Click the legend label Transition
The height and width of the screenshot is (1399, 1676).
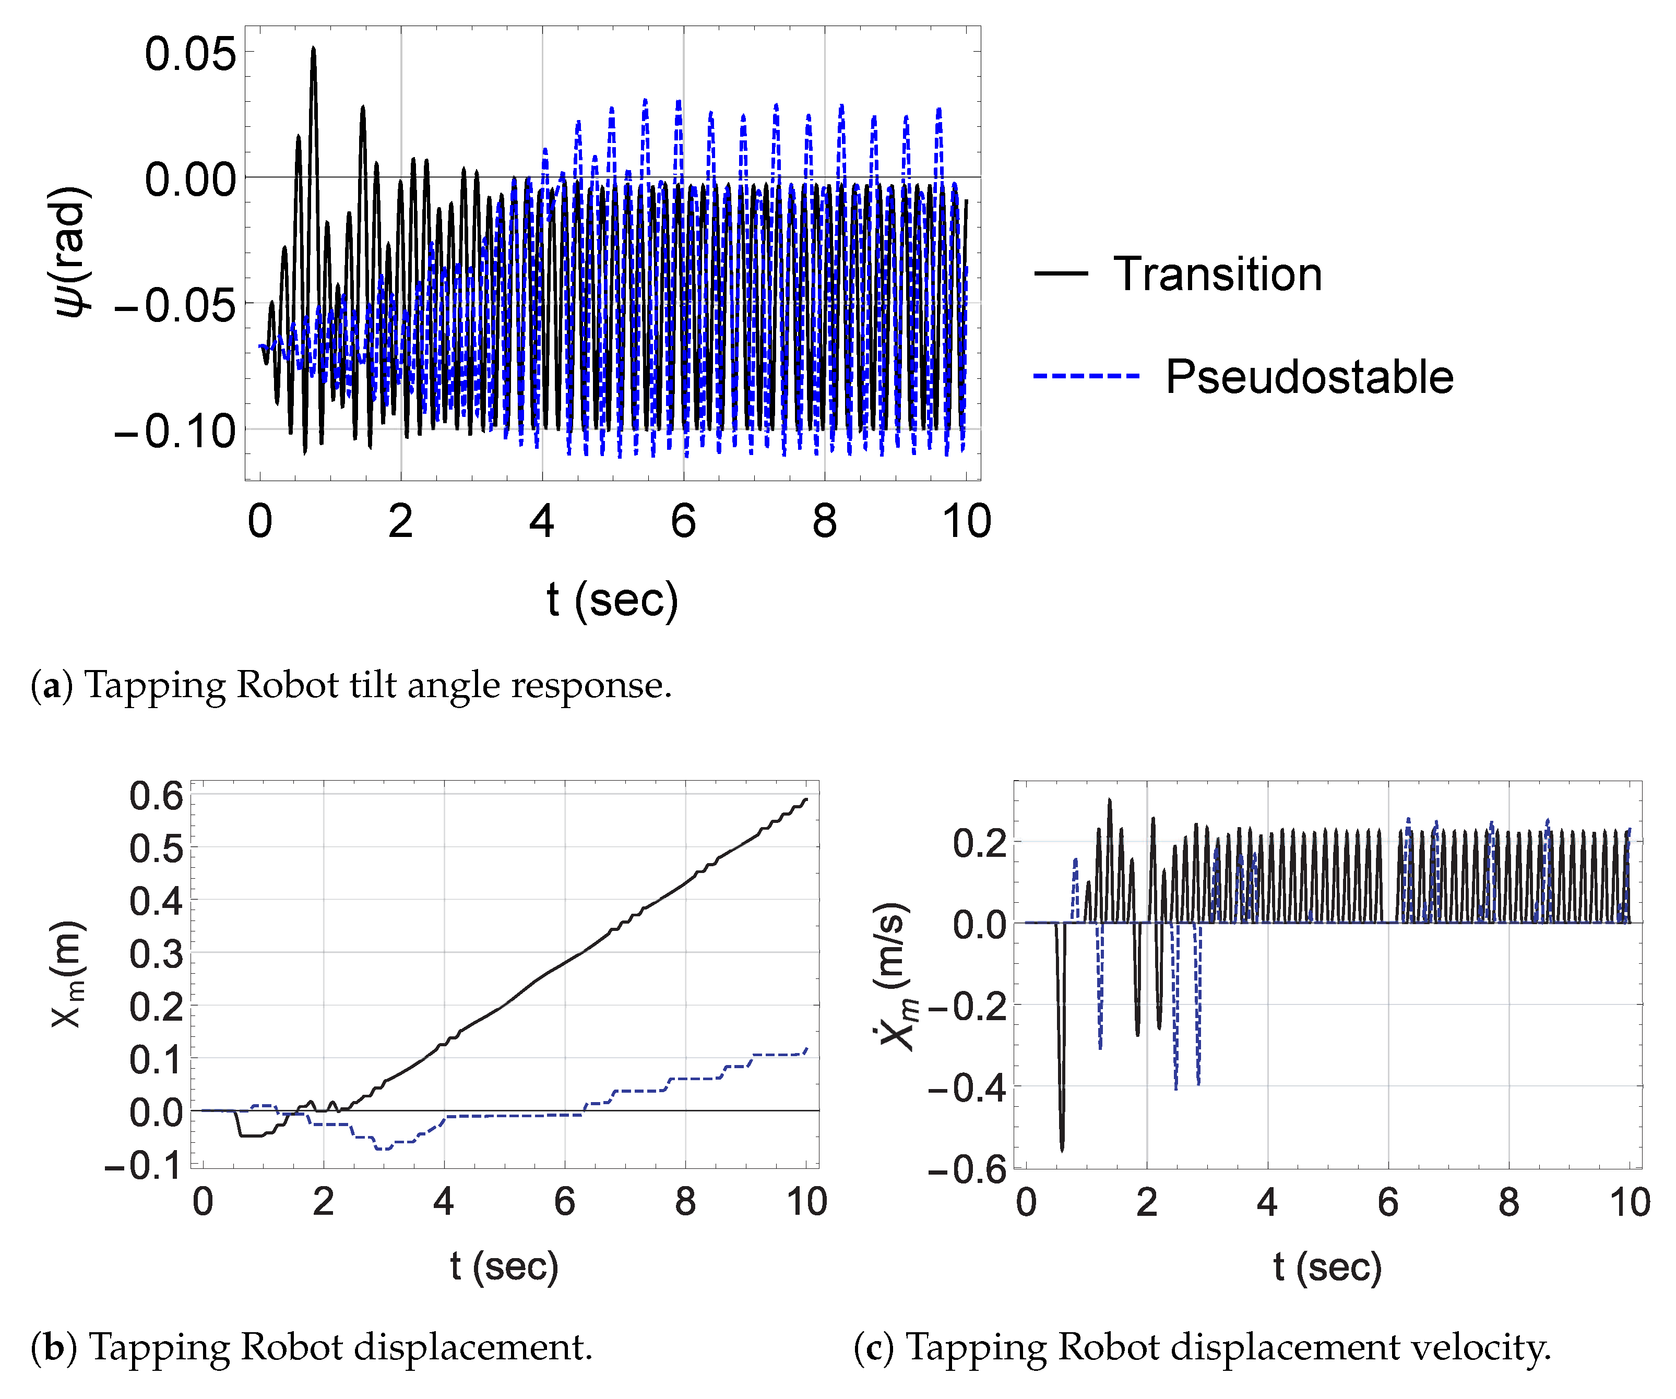tap(1217, 274)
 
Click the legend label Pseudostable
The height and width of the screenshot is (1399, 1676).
tap(1309, 377)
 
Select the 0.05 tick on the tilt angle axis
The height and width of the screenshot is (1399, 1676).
tap(190, 54)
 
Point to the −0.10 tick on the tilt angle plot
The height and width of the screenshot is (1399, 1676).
tap(175, 432)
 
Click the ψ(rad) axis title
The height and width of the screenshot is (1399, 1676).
tap(70, 252)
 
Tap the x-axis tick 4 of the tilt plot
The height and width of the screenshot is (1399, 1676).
tap(542, 521)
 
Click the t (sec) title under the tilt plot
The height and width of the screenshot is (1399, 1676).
tap(612, 600)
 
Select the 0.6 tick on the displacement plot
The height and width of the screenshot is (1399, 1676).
tap(156, 796)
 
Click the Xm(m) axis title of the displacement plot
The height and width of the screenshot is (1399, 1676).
tap(68, 974)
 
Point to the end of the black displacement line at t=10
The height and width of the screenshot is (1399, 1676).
tap(807, 799)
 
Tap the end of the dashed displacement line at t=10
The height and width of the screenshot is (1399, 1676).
tap(807, 1049)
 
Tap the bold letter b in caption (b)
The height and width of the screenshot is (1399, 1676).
tap(54, 1347)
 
